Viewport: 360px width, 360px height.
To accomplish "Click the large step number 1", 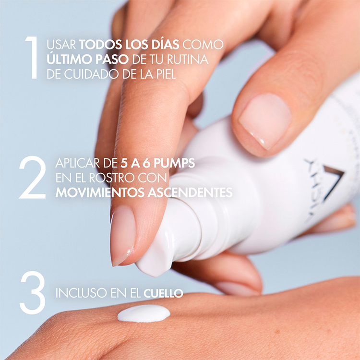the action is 32,58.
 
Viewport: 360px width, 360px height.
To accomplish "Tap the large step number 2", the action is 32,177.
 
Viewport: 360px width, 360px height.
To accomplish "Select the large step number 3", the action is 32,292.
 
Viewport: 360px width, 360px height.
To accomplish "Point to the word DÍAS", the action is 165,44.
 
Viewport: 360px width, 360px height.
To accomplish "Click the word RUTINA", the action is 188,59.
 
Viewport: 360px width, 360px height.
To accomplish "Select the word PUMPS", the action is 174,163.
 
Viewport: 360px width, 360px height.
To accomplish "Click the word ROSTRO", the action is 112,178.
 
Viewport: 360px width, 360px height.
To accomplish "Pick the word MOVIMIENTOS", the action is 100,192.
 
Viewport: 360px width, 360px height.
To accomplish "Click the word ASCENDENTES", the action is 190,192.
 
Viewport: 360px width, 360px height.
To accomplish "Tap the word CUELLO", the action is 163,293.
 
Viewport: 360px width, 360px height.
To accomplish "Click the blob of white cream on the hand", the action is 144,313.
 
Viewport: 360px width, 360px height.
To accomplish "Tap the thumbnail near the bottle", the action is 265,120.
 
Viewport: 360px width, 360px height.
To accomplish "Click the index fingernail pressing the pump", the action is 123,235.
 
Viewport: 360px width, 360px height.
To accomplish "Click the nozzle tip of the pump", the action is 154,264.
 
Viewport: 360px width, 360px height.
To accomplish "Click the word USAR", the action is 61,45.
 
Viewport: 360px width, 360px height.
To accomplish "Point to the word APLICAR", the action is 78,163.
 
